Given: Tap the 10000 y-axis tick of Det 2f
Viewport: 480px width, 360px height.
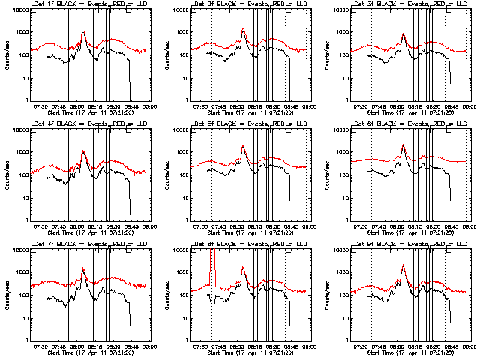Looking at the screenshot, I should coord(180,10).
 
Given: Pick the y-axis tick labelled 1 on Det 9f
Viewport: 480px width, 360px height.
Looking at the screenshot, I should coord(347,340).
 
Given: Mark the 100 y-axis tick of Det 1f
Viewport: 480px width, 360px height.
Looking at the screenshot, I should coord(25,55).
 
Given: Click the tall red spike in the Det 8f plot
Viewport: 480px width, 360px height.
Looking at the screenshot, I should coord(213,259).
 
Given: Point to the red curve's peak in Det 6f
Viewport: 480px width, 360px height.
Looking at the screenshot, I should coord(403,145).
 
